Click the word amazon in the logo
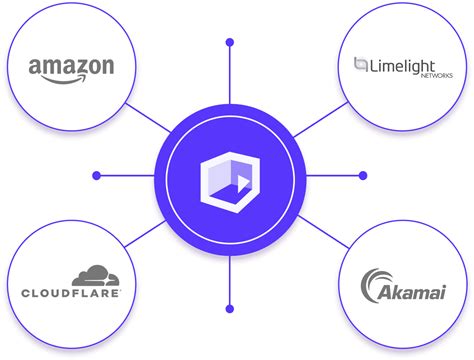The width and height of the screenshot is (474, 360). (x=70, y=67)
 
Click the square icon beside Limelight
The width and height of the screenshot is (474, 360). (x=361, y=65)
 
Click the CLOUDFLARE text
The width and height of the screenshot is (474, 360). (x=71, y=293)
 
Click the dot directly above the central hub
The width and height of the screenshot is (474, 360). (x=230, y=43)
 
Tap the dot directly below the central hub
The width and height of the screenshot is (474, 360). (x=230, y=309)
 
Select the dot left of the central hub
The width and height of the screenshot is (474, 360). (x=97, y=176)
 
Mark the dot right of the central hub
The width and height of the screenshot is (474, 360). (x=363, y=176)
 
